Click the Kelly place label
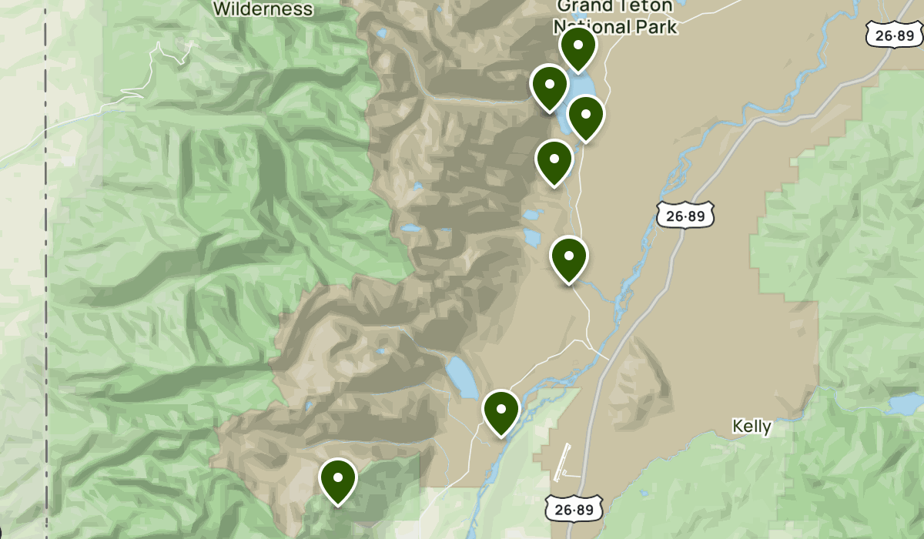(752, 427)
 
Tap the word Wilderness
(263, 10)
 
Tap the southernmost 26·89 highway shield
(574, 507)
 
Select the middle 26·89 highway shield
(685, 216)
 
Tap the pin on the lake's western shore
(549, 86)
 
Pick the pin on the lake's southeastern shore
(586, 115)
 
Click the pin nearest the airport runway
(501, 410)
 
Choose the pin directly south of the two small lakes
(569, 258)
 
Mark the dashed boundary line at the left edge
(46, 269)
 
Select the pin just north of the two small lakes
(554, 161)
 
